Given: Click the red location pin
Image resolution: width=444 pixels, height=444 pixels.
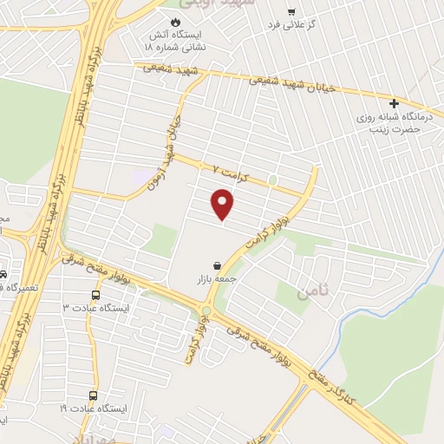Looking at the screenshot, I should [224, 205].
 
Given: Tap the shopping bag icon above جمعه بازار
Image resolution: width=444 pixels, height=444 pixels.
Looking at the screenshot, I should [215, 265].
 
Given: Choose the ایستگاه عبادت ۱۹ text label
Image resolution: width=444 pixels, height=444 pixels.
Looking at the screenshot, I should [93, 408].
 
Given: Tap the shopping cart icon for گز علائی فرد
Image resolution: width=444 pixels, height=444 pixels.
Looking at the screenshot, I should [291, 13].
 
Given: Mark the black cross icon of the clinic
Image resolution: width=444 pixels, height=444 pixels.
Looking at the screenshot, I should [395, 103].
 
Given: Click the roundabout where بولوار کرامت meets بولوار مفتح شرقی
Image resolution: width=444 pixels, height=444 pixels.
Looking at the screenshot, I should [206, 311].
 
